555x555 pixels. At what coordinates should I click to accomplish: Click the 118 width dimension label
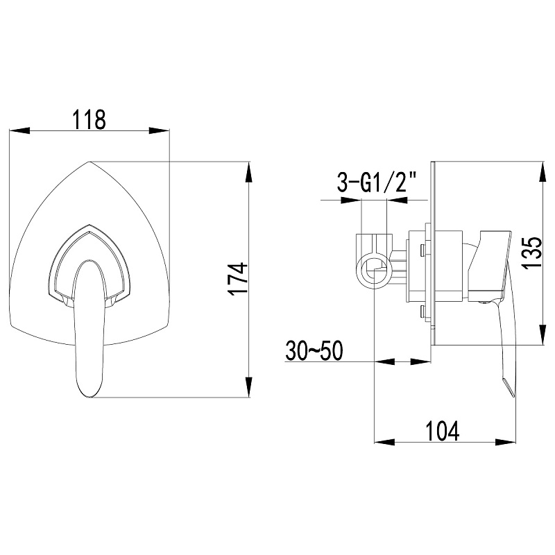[89, 119]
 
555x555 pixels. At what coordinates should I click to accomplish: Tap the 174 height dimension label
[237, 279]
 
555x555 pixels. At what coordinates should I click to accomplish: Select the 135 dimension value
[532, 253]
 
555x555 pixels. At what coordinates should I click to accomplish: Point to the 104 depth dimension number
[442, 430]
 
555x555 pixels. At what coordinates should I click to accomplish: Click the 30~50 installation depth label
[314, 351]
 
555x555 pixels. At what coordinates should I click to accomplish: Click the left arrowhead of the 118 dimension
[19, 130]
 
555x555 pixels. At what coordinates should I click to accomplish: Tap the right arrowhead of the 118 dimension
[160, 130]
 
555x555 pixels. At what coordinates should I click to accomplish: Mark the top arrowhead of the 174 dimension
[249, 172]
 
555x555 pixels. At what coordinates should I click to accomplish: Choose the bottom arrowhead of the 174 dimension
[249, 387]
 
